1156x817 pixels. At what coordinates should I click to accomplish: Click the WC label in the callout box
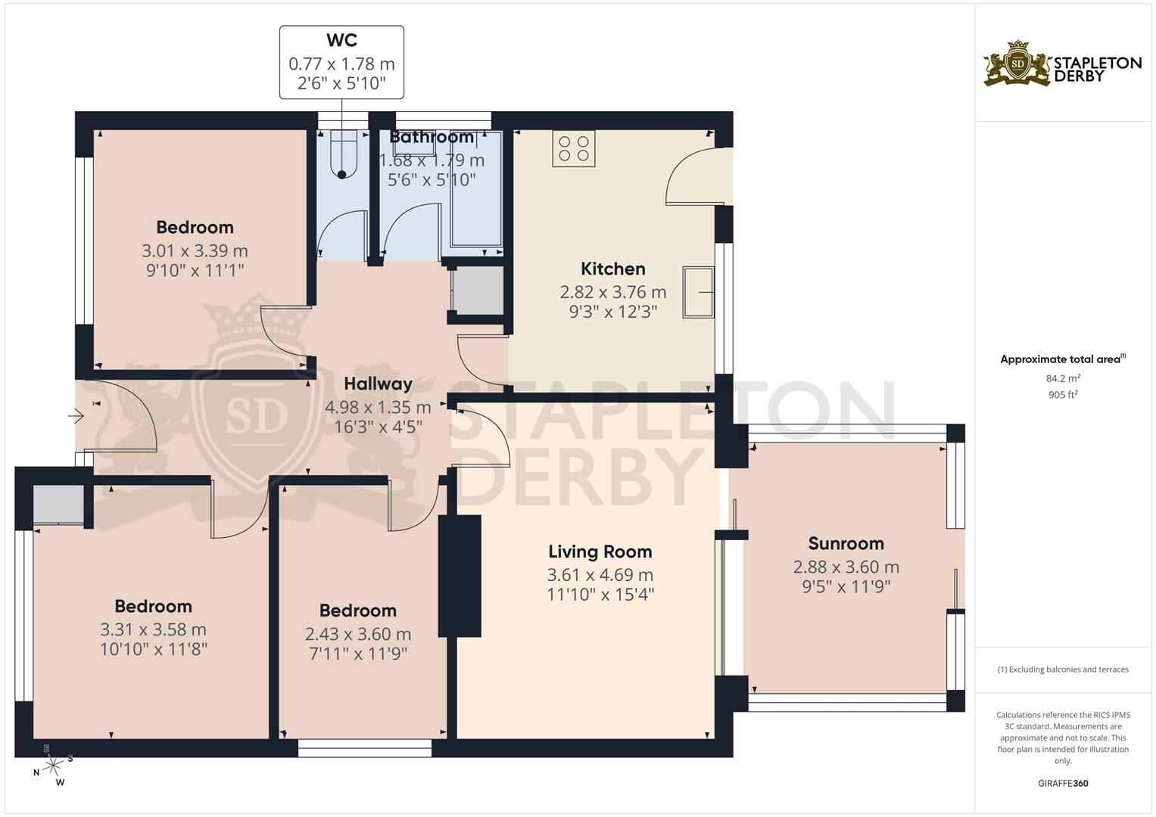[341, 39]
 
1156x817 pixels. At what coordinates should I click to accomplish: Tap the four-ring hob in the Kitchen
[573, 148]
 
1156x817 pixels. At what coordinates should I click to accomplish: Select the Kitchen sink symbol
[698, 292]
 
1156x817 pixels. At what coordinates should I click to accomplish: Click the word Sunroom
[846, 544]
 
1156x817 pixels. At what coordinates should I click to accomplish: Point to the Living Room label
[600, 552]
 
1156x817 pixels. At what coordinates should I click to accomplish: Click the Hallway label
[379, 384]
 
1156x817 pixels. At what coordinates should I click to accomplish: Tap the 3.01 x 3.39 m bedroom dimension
[195, 250]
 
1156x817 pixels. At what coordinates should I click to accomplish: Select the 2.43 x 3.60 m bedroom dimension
[358, 634]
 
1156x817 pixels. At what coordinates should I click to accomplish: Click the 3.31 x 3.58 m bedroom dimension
[153, 629]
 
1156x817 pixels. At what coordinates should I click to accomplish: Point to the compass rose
[53, 766]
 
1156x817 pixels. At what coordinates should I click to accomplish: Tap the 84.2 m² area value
[1063, 378]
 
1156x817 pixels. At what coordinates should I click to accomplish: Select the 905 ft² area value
[1063, 395]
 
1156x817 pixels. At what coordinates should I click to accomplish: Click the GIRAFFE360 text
[1063, 784]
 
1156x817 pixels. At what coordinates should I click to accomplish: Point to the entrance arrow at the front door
[76, 415]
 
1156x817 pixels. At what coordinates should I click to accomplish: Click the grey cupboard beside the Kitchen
[478, 290]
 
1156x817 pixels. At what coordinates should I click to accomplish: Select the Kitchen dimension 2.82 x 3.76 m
[613, 293]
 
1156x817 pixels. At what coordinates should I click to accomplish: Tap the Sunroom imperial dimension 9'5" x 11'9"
[846, 587]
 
